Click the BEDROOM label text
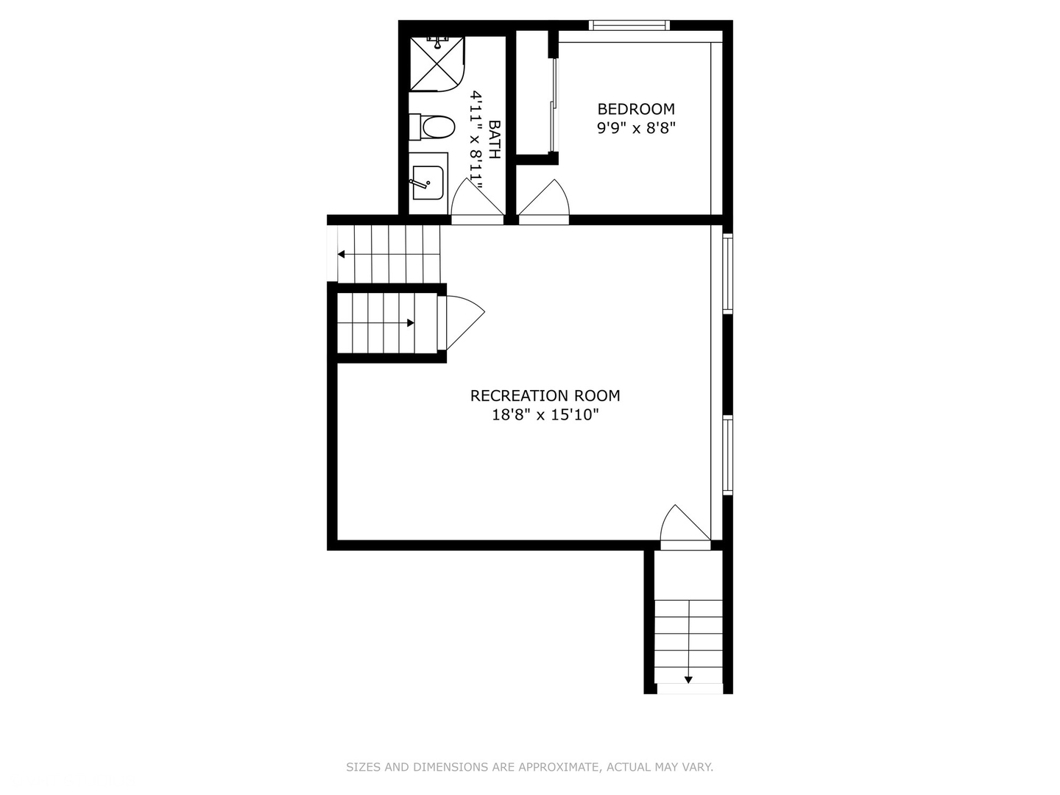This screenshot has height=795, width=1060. [x=636, y=109]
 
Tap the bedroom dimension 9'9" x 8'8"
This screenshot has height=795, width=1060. [x=636, y=127]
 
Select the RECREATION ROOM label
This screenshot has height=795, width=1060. [x=545, y=396]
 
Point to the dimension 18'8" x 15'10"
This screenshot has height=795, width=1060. [x=545, y=415]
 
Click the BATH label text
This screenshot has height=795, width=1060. [x=494, y=140]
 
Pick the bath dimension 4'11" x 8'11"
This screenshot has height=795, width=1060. [x=477, y=140]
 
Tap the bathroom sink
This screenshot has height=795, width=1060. [x=428, y=182]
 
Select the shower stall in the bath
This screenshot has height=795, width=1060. [x=437, y=64]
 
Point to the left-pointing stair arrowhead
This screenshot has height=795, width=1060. [x=342, y=255]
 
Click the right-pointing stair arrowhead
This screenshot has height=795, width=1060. [x=410, y=322]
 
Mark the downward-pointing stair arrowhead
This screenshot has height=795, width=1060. [x=688, y=679]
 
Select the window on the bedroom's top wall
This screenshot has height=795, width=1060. [x=629, y=26]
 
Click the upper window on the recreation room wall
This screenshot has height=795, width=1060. [x=728, y=274]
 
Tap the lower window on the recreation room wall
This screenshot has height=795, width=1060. [x=728, y=454]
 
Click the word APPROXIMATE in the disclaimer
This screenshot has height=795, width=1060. [x=559, y=767]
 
